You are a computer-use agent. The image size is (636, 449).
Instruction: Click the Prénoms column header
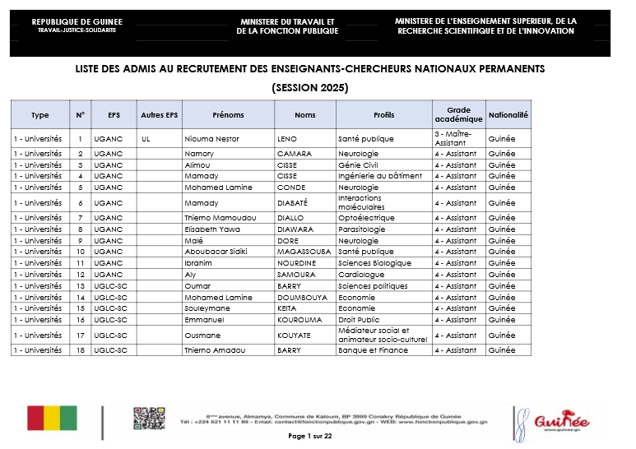coord(228,115)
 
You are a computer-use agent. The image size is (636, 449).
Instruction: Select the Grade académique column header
coord(458,115)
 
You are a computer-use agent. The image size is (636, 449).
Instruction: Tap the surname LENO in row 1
coord(287,139)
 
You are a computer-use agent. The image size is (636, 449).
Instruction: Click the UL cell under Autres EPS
coord(146,139)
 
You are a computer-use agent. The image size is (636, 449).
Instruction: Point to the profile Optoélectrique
coord(366,218)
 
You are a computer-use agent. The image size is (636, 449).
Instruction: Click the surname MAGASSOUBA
coord(304,252)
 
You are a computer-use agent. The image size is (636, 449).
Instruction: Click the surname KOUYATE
coord(294,336)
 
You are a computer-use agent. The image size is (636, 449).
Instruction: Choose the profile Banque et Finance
coord(373,350)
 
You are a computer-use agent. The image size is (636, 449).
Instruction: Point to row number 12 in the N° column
coord(81,275)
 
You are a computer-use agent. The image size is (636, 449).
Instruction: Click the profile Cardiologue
coord(361,275)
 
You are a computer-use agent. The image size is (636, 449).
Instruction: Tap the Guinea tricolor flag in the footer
coord(52,418)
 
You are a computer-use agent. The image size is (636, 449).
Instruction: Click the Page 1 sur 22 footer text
coord(309,436)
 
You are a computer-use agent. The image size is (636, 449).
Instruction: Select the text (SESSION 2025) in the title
coord(309,87)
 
